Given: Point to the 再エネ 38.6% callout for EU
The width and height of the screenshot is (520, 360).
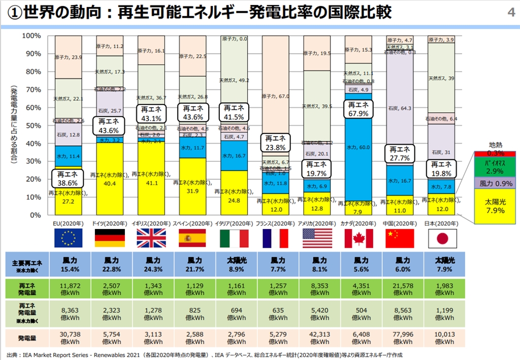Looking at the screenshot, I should pyautogui.click(x=68, y=178).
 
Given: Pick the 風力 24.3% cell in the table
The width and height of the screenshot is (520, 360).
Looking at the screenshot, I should pyautogui.click(x=151, y=264).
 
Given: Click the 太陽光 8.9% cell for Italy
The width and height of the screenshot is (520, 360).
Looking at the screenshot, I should pyautogui.click(x=234, y=264).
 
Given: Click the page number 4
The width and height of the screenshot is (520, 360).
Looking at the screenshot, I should pyautogui.click(x=510, y=13).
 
